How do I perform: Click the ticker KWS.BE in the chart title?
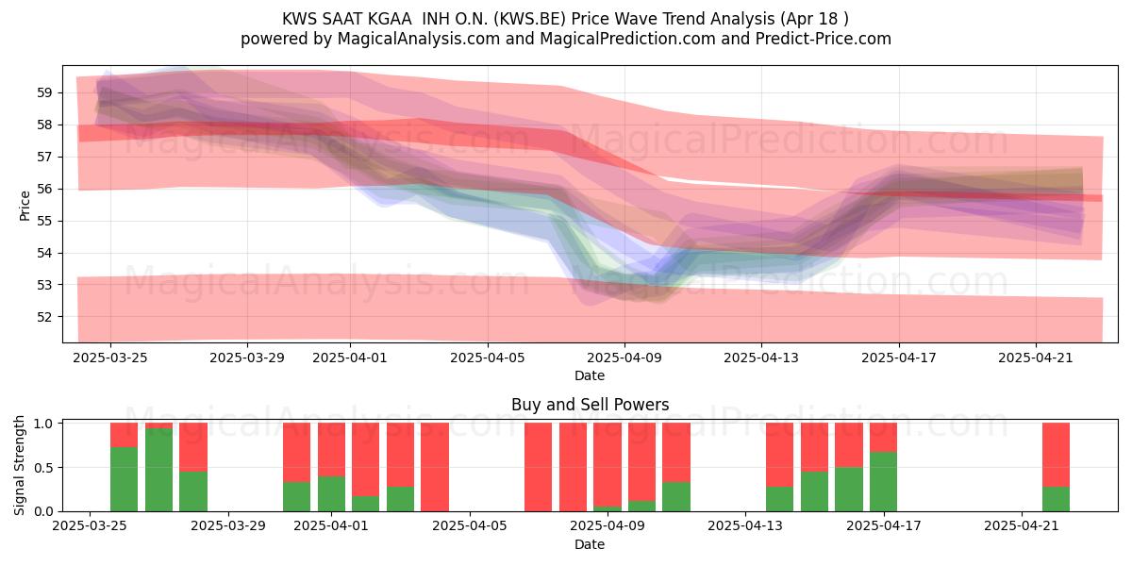(x=529, y=19)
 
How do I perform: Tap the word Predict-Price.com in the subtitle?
(x=824, y=39)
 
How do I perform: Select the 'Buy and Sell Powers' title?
(x=590, y=405)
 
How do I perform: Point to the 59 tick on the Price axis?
(x=44, y=93)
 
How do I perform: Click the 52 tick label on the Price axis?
(x=44, y=317)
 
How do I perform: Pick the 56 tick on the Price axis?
(x=44, y=189)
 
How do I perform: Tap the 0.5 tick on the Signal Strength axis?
(x=43, y=468)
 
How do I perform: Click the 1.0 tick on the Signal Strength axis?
(x=43, y=424)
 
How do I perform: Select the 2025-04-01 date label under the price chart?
(x=350, y=358)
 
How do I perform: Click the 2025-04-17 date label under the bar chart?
(x=884, y=526)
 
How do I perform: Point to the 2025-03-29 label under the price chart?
(x=247, y=358)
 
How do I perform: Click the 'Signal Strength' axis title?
(x=19, y=465)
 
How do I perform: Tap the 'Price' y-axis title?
(x=25, y=207)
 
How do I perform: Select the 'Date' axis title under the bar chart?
(x=590, y=544)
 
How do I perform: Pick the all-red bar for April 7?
(x=539, y=467)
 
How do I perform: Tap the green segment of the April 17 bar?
(x=883, y=482)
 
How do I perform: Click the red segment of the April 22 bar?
(x=1057, y=455)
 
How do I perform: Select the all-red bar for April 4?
(x=435, y=467)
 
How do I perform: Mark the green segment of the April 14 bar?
(x=780, y=499)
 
